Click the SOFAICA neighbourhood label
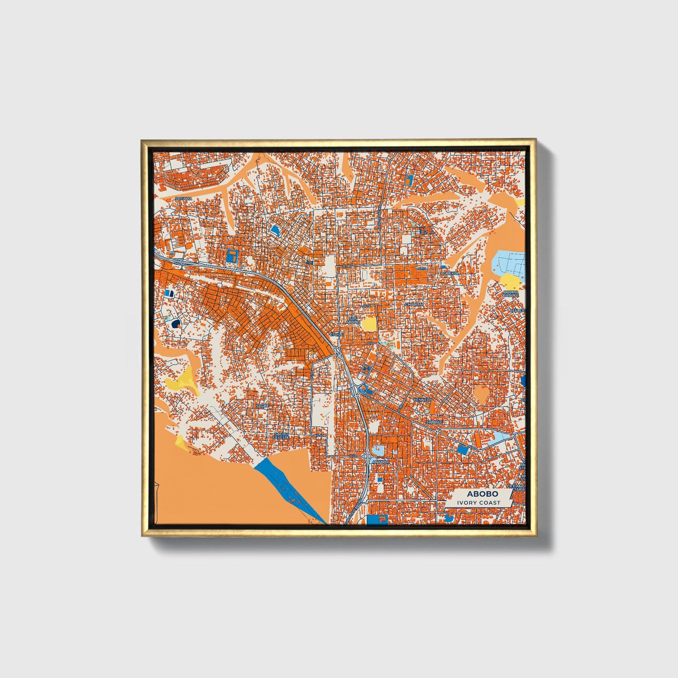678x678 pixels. tap(184, 199)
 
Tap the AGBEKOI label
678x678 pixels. tap(449, 273)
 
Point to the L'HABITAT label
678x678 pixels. tap(414, 304)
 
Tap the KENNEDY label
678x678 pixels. tap(422, 399)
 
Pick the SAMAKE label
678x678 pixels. tap(434, 422)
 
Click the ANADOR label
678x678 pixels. tap(380, 462)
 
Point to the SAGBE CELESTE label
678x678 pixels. tap(282, 436)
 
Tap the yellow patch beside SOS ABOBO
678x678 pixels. tap(369, 323)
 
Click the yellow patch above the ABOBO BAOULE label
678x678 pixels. tap(510, 281)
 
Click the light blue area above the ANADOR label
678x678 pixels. tap(379, 451)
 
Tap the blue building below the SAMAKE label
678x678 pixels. tap(463, 449)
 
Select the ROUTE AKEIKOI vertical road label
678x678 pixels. tap(379, 218)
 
